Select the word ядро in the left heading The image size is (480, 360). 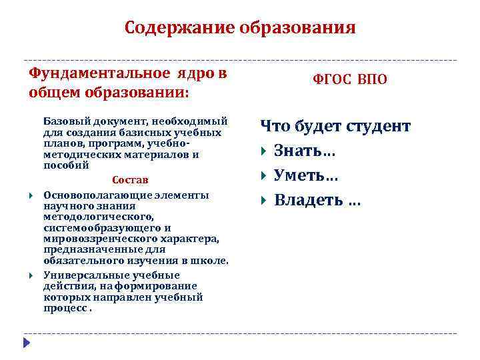pyautogui.click(x=194, y=73)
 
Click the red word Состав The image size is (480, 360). pyautogui.click(x=130, y=180)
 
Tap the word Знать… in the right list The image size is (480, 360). pyautogui.click(x=305, y=151)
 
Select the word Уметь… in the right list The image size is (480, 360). pyautogui.click(x=306, y=175)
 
